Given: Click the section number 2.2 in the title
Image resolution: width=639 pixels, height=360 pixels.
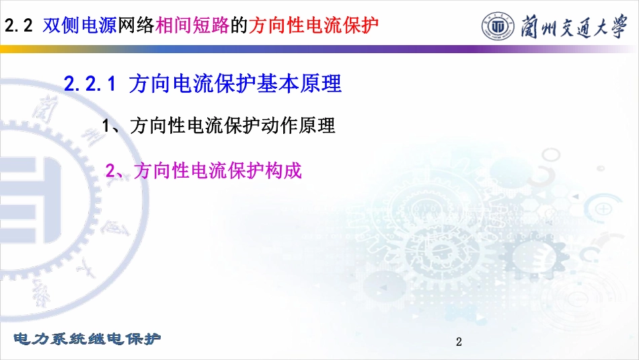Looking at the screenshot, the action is (x=18, y=26).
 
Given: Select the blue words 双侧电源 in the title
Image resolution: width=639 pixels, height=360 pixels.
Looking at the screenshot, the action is (x=80, y=26).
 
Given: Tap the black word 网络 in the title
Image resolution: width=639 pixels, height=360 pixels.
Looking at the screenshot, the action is (x=136, y=26).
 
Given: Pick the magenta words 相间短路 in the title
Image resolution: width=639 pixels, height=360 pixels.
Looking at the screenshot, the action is (x=192, y=26).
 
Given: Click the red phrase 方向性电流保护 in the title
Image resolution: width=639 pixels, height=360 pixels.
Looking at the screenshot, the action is (x=314, y=26).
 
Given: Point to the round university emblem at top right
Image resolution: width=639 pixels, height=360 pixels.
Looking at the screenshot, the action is (x=498, y=26).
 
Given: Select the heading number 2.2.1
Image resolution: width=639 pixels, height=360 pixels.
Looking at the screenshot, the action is (x=90, y=84).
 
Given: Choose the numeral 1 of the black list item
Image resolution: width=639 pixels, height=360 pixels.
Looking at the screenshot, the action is (x=106, y=126).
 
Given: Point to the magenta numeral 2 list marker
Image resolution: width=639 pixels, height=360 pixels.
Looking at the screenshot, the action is (x=110, y=170).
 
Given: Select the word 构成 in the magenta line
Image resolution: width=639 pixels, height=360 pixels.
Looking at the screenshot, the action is (x=284, y=170).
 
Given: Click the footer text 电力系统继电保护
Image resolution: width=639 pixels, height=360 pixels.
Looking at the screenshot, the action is (x=87, y=338).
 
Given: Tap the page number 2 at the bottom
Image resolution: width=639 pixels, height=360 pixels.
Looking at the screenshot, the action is (x=459, y=342).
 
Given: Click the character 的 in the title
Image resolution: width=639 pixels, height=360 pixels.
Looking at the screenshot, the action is (x=239, y=26).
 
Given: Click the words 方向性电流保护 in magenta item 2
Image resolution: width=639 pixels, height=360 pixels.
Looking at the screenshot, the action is (x=199, y=170).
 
